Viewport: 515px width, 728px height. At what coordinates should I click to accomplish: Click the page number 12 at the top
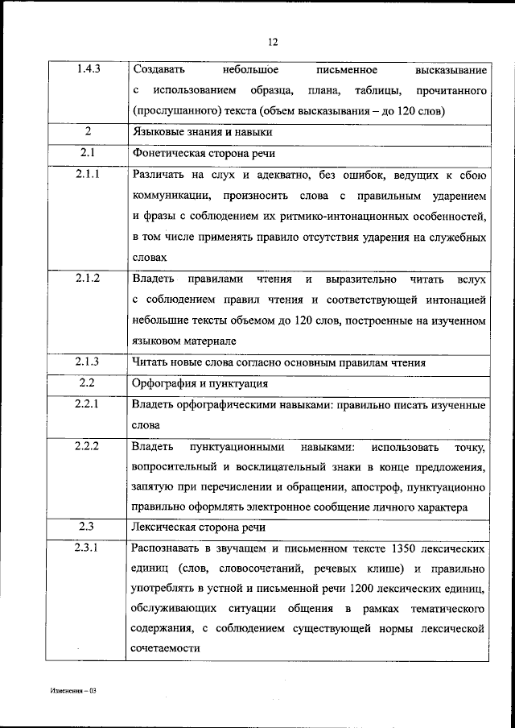pyautogui.click(x=273, y=43)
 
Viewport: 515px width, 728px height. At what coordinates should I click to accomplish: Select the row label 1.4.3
pyautogui.click(x=89, y=71)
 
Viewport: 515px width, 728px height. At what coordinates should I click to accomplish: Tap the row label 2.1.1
pyautogui.click(x=89, y=174)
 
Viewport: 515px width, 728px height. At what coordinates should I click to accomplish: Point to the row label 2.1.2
pyautogui.click(x=89, y=279)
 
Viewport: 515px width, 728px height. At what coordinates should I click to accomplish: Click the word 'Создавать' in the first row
pyautogui.click(x=158, y=71)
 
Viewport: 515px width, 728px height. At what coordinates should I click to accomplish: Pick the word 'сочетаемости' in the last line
pyautogui.click(x=166, y=647)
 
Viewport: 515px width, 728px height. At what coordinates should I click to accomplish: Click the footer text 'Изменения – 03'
pyautogui.click(x=73, y=692)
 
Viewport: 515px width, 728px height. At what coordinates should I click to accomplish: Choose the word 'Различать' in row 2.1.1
pyautogui.click(x=158, y=175)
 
